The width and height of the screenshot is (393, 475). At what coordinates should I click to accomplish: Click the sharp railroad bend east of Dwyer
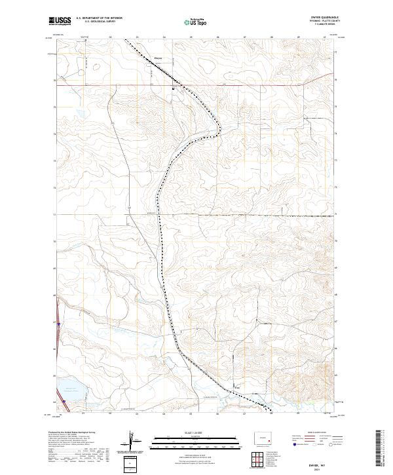(218, 128)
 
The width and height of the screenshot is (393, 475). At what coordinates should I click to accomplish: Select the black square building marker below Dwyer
(173, 88)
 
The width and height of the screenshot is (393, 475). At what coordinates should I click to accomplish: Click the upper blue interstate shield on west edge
(58, 322)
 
